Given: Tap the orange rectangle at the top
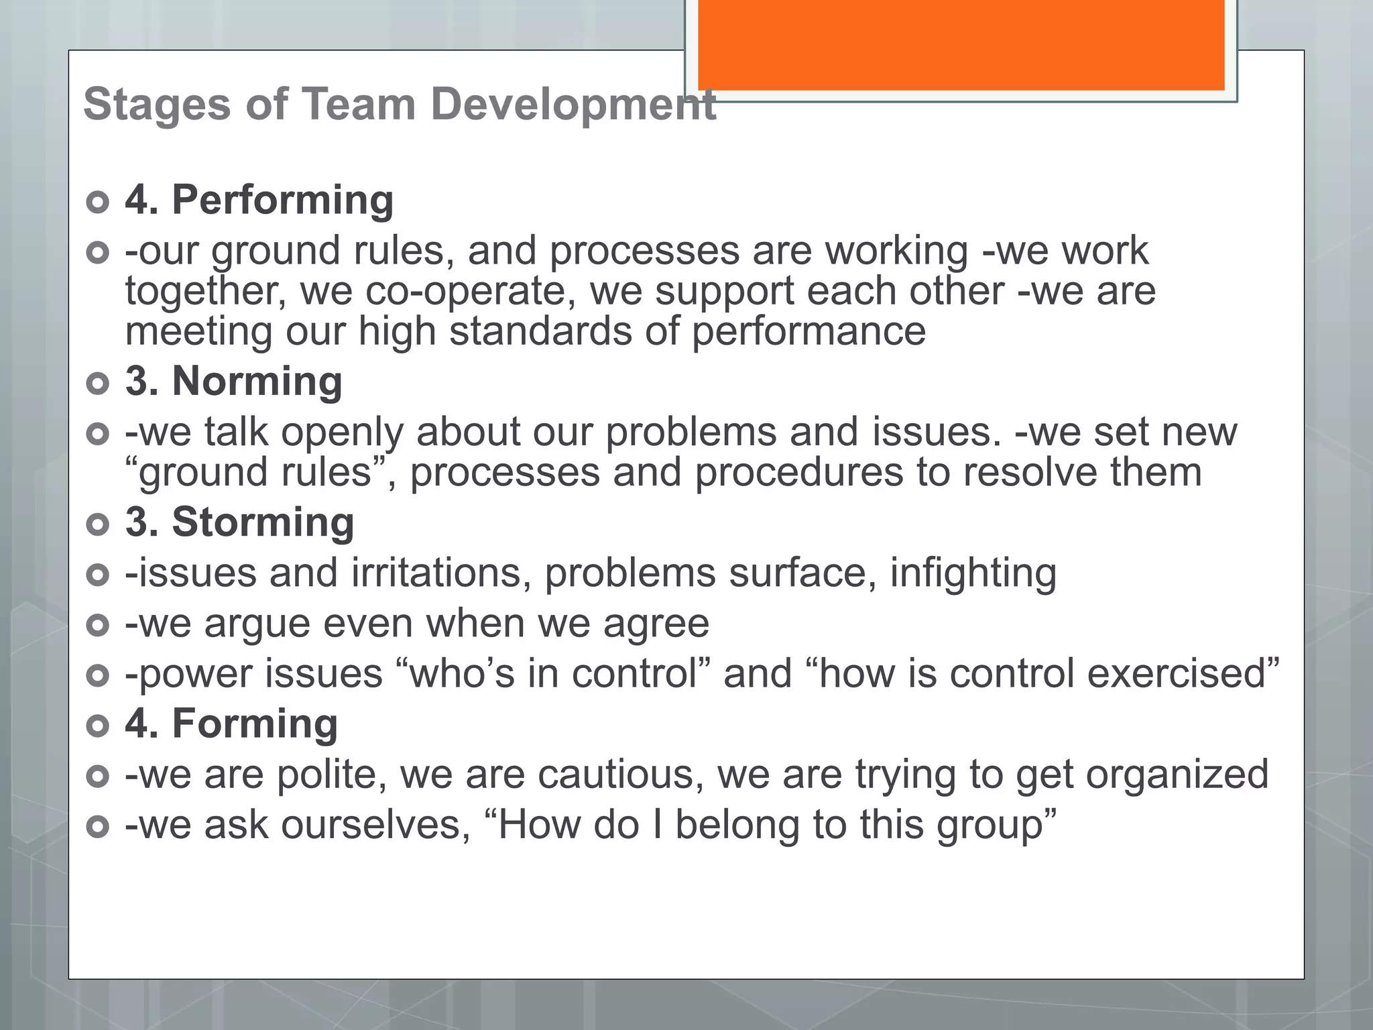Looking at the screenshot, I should (x=961, y=44).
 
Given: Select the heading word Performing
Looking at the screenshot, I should (x=282, y=201).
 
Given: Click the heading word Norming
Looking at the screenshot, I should (x=257, y=382).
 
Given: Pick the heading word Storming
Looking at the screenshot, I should (x=263, y=522).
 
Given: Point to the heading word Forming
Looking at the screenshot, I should (x=255, y=724).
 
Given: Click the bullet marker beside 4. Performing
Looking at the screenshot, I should (x=98, y=202).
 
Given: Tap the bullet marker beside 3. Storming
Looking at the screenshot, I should (x=98, y=524).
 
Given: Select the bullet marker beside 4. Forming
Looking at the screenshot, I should (x=98, y=726).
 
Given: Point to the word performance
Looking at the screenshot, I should (x=809, y=332).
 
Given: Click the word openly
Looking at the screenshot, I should (x=342, y=433).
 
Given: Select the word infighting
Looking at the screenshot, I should (x=973, y=573).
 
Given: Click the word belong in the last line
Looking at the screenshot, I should (x=737, y=825).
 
